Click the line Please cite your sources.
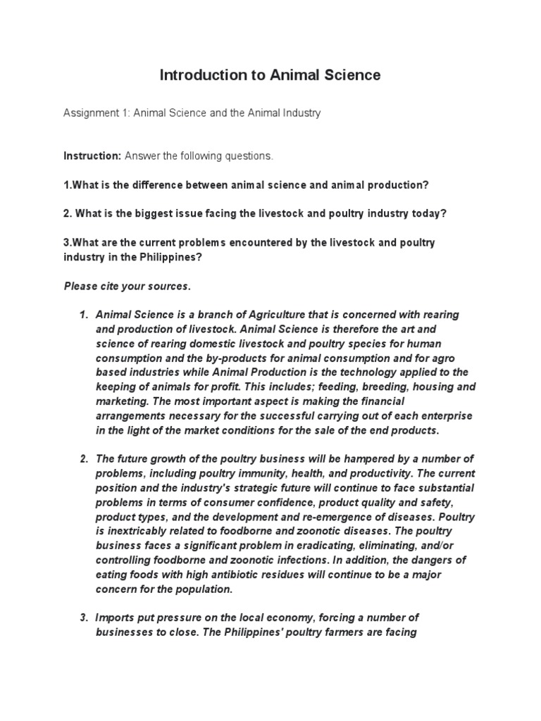tap(127, 287)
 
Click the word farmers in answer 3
tap(341, 632)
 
